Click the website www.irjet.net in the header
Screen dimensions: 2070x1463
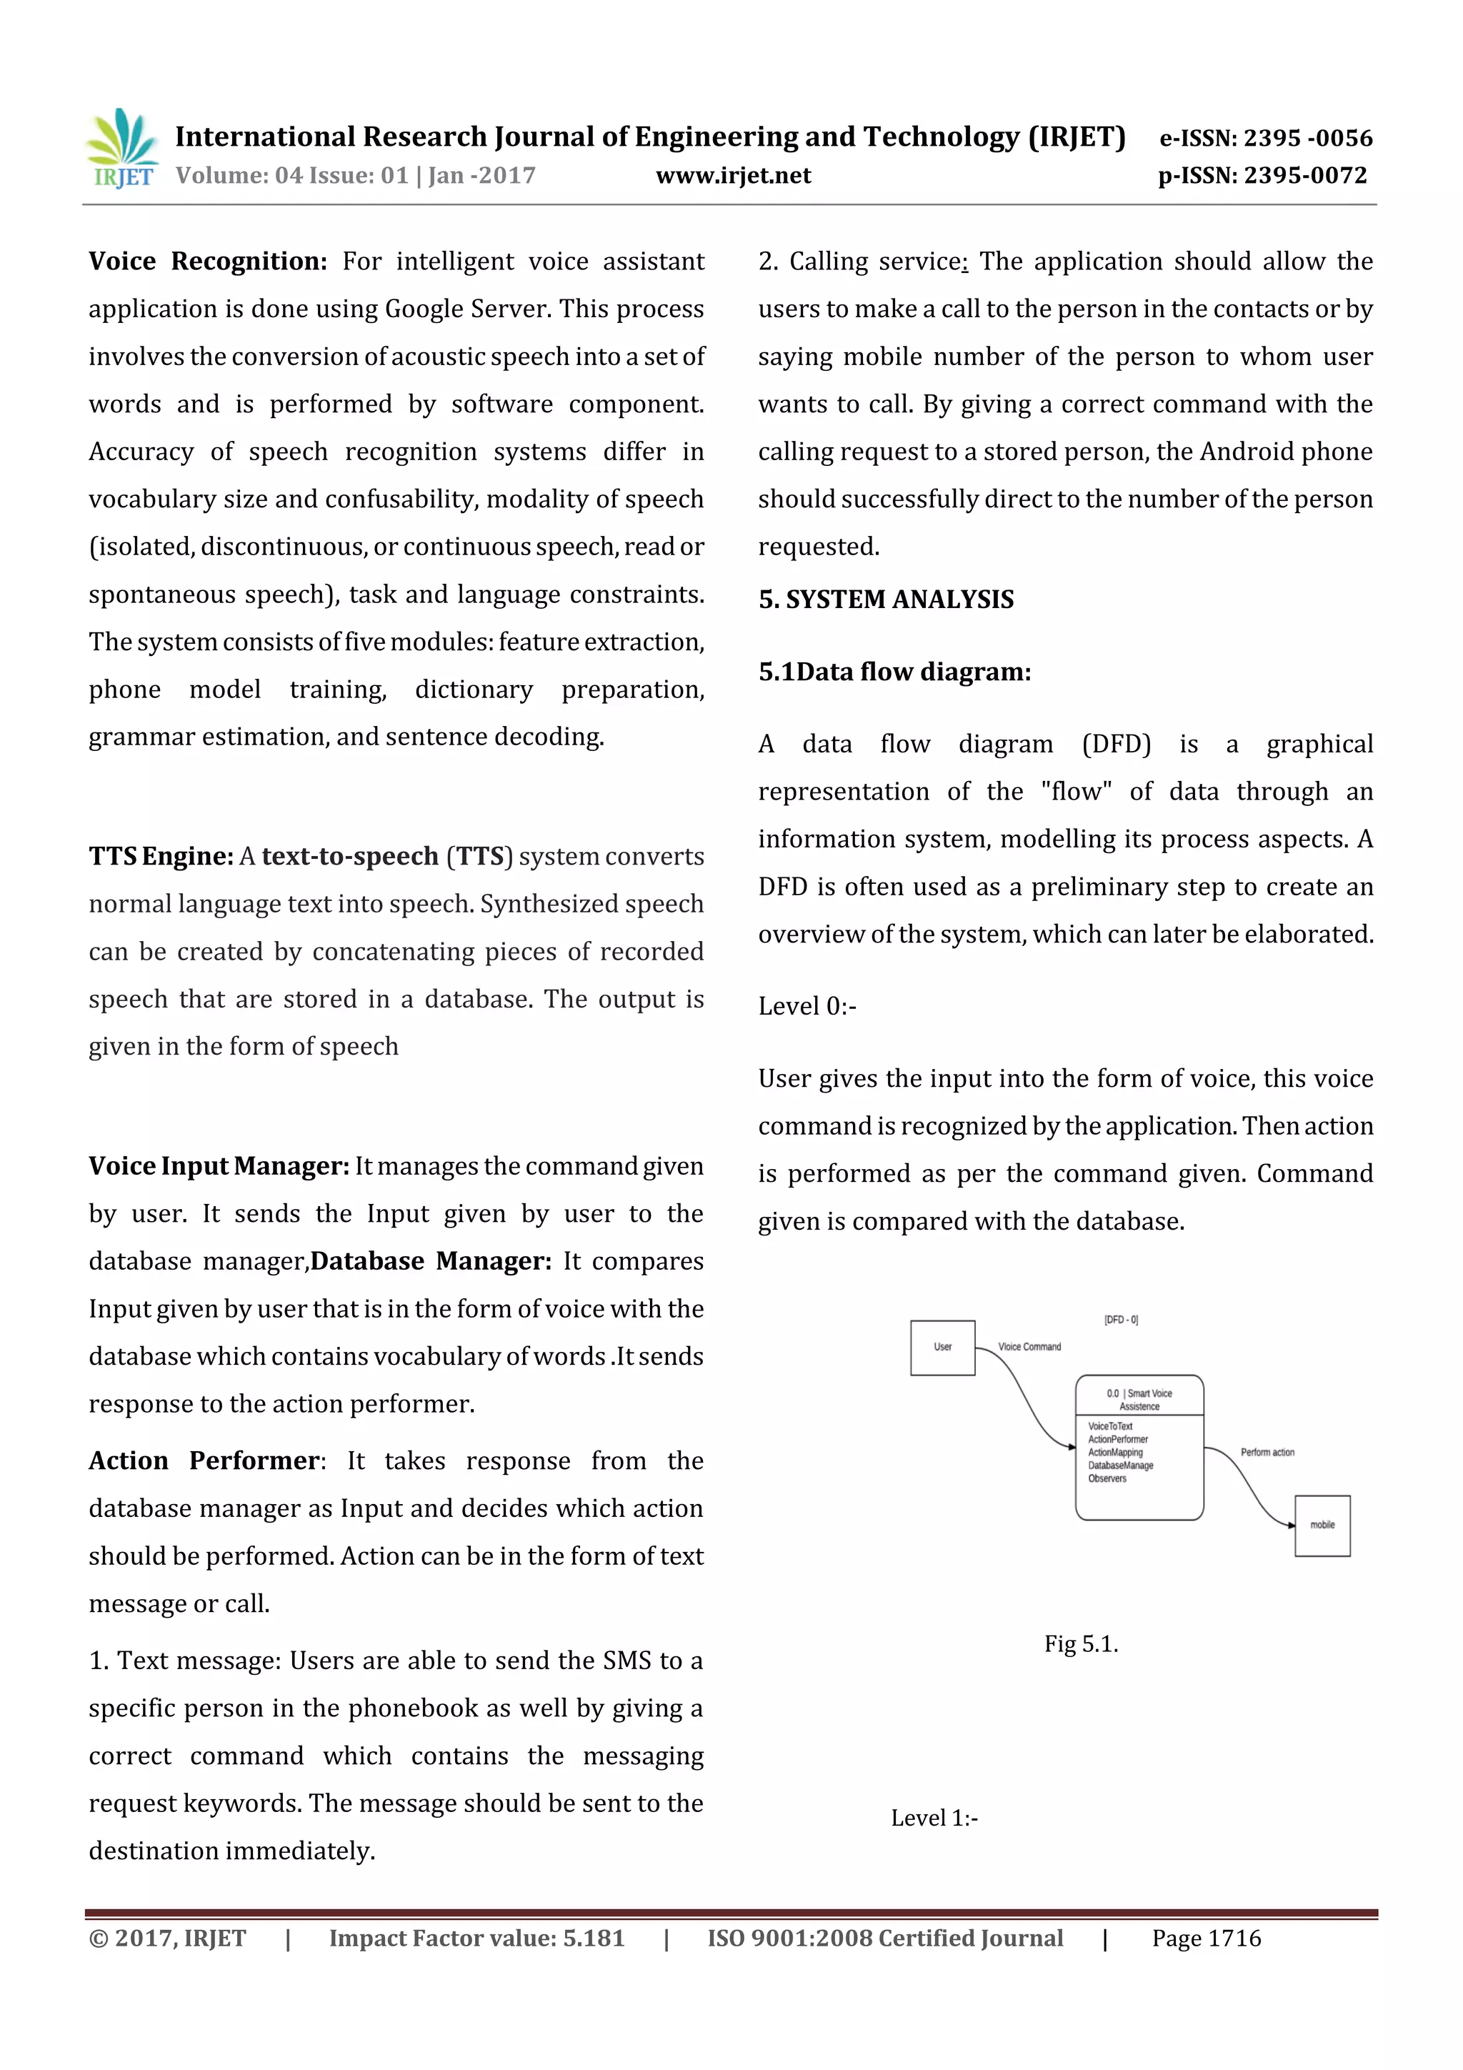point(733,176)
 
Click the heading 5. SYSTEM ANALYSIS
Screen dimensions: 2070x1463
point(885,599)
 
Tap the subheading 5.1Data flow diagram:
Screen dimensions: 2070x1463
point(894,672)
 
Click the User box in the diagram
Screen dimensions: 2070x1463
point(942,1347)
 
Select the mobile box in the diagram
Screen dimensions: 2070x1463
point(1322,1526)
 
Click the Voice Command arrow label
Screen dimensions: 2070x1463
point(1029,1347)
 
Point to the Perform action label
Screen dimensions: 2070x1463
point(1267,1453)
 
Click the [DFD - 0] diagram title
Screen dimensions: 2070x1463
point(1120,1320)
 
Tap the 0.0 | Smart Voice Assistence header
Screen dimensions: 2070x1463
point(1139,1399)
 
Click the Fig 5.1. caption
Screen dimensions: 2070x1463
point(1081,1644)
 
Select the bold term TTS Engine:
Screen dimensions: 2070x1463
point(161,857)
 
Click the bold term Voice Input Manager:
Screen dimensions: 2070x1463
point(218,1167)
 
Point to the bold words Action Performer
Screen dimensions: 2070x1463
point(204,1461)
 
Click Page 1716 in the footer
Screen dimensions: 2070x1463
point(1205,1939)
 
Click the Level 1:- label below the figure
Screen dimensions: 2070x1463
point(934,1818)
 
